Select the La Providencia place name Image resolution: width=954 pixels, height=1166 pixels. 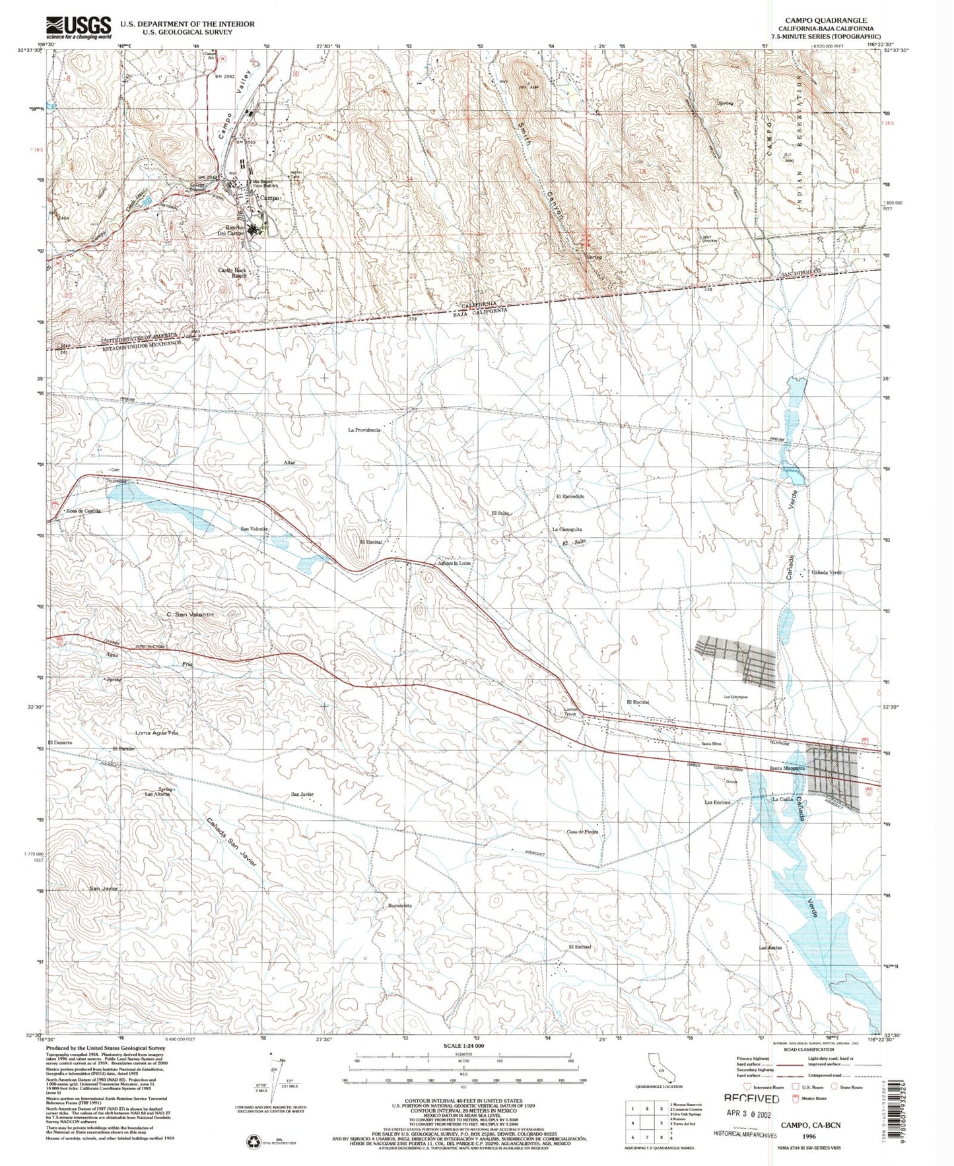point(364,430)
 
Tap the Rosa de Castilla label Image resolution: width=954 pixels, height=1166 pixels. point(83,511)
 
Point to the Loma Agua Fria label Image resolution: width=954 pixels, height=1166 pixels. point(156,733)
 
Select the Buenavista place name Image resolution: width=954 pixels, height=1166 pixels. point(400,906)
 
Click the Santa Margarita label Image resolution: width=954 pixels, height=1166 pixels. point(788,769)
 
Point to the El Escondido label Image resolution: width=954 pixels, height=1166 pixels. point(570,496)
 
